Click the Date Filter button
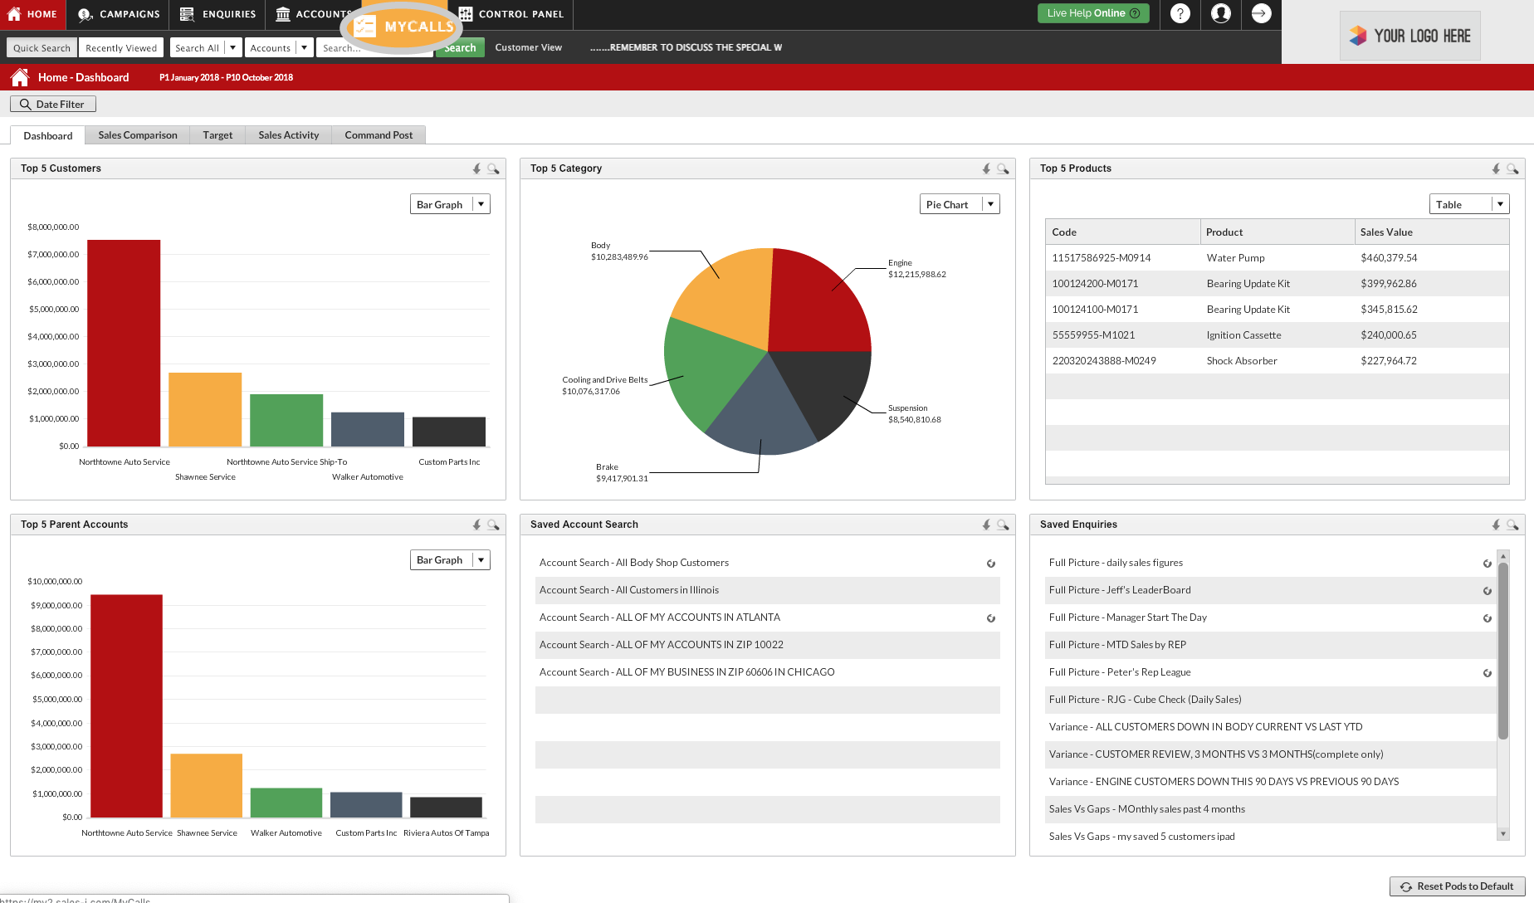(x=53, y=104)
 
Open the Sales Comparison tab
(x=138, y=135)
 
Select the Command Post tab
(x=379, y=135)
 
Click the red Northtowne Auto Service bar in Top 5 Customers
(x=124, y=343)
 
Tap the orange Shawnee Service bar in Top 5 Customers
(x=205, y=409)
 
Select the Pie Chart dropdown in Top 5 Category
(x=960, y=204)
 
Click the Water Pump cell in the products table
(x=1235, y=258)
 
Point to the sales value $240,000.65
(x=1389, y=335)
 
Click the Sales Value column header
(x=1386, y=232)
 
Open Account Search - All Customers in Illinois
(x=629, y=590)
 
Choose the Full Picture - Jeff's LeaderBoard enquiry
(x=1120, y=590)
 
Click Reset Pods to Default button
(x=1458, y=886)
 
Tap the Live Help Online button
(x=1093, y=13)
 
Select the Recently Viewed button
(x=121, y=48)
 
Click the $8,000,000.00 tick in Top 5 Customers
(x=53, y=227)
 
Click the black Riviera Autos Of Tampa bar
(x=446, y=807)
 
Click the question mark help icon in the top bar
(x=1180, y=13)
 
